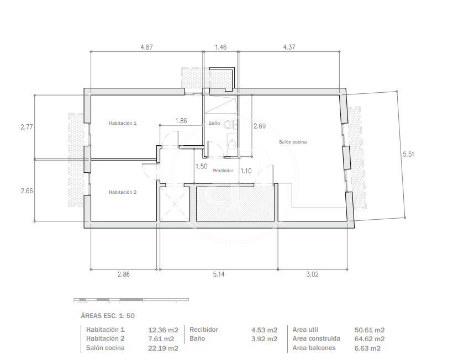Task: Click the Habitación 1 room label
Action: click(x=123, y=123)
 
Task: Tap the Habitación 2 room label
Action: click(x=123, y=192)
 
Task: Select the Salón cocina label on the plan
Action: click(x=293, y=142)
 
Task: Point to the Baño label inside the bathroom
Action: click(x=214, y=123)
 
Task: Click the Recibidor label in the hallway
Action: click(x=223, y=171)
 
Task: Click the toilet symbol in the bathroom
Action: click(x=230, y=124)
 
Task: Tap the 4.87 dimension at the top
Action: click(x=146, y=47)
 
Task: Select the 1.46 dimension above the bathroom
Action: click(x=221, y=47)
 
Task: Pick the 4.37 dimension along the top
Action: click(x=289, y=47)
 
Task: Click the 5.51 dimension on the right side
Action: click(x=408, y=154)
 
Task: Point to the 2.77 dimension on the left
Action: click(x=27, y=127)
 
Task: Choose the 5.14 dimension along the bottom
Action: click(x=219, y=274)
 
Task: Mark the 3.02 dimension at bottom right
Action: click(x=312, y=274)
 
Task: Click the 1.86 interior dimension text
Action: click(x=181, y=121)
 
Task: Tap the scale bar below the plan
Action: click(x=131, y=300)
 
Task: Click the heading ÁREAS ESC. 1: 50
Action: click(x=108, y=316)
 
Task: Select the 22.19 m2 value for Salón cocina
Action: click(x=163, y=348)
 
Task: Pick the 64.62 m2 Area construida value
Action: click(x=370, y=339)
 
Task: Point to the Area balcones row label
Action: click(x=314, y=348)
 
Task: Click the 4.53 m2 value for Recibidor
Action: click(x=264, y=330)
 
